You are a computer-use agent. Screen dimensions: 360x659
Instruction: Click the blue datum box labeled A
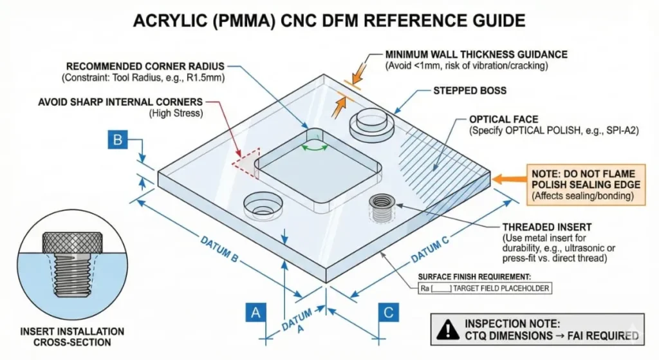pos(255,313)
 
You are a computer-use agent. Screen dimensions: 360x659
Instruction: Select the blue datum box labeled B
pos(118,140)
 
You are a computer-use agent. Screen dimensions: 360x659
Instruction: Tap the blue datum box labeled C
pos(388,313)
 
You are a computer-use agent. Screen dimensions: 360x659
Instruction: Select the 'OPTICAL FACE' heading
pos(503,120)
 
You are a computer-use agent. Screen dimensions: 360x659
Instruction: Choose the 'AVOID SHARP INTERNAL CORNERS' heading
pos(120,102)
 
